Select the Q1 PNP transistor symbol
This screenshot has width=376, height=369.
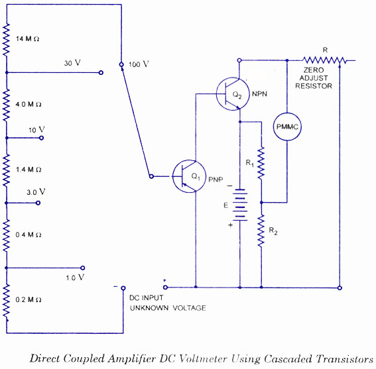pos(189,176)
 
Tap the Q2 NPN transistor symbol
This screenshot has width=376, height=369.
pos(233,93)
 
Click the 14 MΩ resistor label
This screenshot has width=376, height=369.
pos(28,38)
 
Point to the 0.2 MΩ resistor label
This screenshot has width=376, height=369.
pos(29,299)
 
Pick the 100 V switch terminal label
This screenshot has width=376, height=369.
pos(139,64)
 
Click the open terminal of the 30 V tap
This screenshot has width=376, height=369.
pos(101,72)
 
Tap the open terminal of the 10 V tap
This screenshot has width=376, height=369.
pos(42,138)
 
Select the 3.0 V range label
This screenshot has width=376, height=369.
pos(36,192)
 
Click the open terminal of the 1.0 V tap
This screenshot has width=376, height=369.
pos(83,268)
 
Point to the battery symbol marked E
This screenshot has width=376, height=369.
pos(240,205)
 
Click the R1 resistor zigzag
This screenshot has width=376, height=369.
pos(261,163)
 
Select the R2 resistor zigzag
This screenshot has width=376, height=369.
pos(261,231)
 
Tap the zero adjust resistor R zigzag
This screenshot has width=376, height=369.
pos(324,60)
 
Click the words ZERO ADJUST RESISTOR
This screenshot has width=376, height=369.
pos(314,78)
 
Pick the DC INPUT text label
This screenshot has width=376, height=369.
pos(147,297)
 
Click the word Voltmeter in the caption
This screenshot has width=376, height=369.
pos(202,359)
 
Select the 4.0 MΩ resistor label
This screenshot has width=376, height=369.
pos(29,104)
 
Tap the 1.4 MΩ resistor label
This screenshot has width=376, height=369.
pos(29,170)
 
